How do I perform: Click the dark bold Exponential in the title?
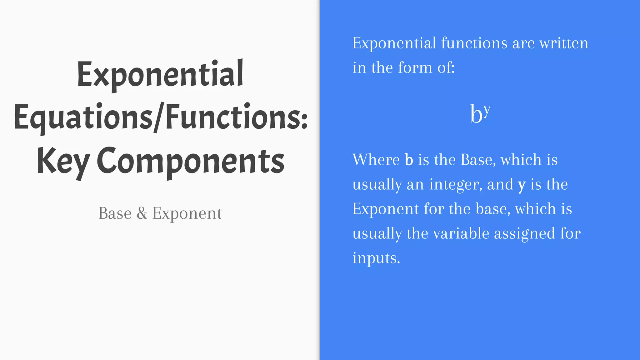click(160, 74)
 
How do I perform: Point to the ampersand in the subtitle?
click(142, 213)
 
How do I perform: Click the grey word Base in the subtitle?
click(115, 213)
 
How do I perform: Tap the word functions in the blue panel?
click(474, 43)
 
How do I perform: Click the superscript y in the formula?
click(487, 109)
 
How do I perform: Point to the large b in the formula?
click(476, 114)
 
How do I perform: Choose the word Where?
click(376, 160)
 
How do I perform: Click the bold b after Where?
click(409, 160)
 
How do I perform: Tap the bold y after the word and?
click(522, 185)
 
